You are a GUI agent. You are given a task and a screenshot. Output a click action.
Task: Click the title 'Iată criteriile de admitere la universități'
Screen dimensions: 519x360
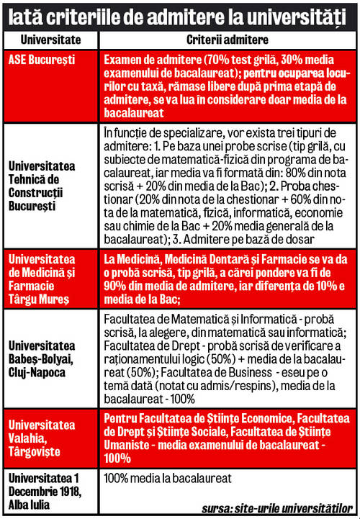(x=179, y=15)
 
